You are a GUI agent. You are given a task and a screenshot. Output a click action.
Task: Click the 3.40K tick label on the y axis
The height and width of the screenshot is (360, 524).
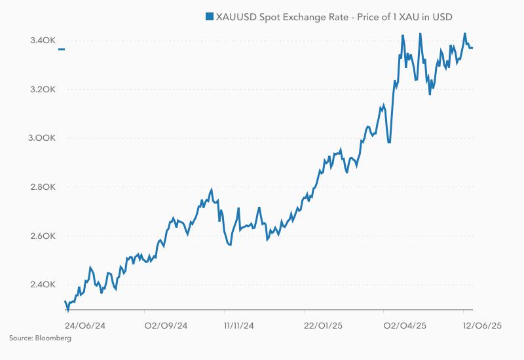tap(43, 41)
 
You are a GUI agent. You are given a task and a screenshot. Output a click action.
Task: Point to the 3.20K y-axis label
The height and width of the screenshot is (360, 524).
tap(43, 90)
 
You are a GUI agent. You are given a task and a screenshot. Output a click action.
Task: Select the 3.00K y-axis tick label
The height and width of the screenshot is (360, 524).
tap(43, 139)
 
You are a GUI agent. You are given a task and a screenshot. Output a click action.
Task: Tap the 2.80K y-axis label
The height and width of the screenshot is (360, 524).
tap(43, 187)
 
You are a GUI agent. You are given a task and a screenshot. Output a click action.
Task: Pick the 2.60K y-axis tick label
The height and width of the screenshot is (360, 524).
tap(43, 236)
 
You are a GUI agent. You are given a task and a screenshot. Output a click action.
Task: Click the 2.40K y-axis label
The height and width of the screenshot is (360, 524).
tap(43, 285)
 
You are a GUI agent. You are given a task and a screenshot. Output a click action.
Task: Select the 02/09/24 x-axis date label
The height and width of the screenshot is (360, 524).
tap(166, 325)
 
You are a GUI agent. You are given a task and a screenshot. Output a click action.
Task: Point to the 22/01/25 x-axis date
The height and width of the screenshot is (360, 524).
tap(324, 325)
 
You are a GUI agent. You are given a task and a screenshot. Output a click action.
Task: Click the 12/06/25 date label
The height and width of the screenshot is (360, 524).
tap(482, 325)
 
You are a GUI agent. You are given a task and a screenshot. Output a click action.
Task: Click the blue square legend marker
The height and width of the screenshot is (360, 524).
tap(210, 16)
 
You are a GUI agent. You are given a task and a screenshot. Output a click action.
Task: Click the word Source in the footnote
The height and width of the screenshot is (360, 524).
tap(20, 338)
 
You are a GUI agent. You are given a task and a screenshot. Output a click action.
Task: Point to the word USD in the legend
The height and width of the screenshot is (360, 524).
tap(442, 16)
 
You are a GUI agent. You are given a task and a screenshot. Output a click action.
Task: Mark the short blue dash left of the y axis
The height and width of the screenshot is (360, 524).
tap(61, 49)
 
